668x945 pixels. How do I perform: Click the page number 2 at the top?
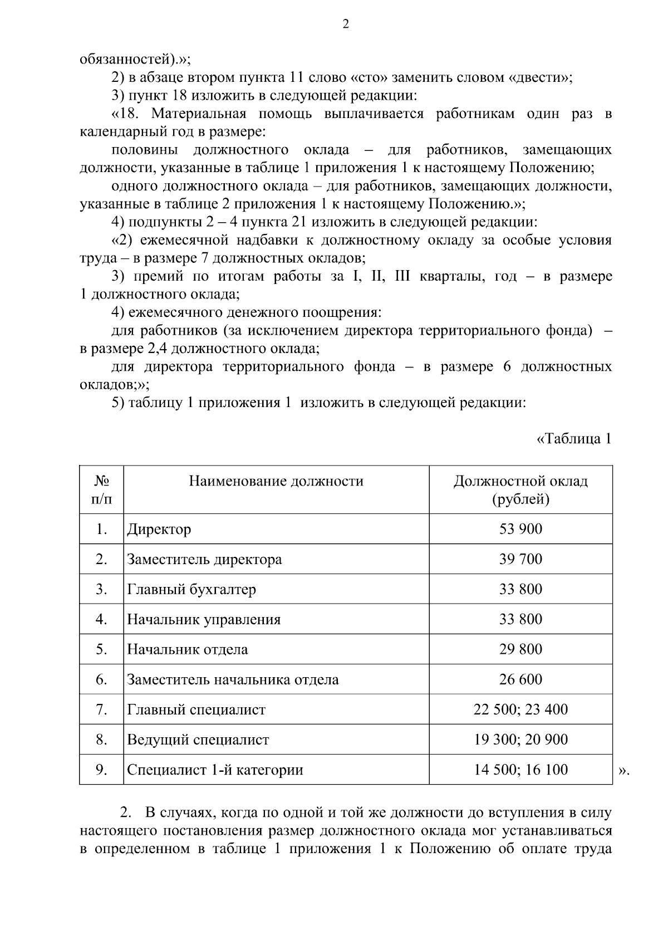(x=345, y=25)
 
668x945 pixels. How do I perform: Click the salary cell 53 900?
(x=520, y=529)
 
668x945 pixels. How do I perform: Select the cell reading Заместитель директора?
(x=204, y=559)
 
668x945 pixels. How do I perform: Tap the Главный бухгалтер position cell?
(x=191, y=589)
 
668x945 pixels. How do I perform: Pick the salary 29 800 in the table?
(x=520, y=649)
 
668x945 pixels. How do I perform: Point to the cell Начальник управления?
(x=204, y=619)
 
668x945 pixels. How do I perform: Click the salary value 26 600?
(x=520, y=679)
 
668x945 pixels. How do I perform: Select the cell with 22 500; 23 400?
(x=520, y=709)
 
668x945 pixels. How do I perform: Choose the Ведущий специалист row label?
(x=198, y=740)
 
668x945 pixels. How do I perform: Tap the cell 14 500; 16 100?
(x=520, y=770)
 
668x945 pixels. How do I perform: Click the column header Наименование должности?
(x=276, y=481)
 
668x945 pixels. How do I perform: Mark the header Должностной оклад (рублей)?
(x=520, y=489)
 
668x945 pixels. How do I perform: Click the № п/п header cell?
(x=101, y=489)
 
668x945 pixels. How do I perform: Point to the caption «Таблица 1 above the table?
(x=573, y=439)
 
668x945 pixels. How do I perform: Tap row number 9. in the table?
(x=101, y=770)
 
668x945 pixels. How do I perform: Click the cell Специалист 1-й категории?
(x=215, y=770)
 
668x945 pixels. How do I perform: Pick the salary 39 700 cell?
(x=520, y=559)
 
